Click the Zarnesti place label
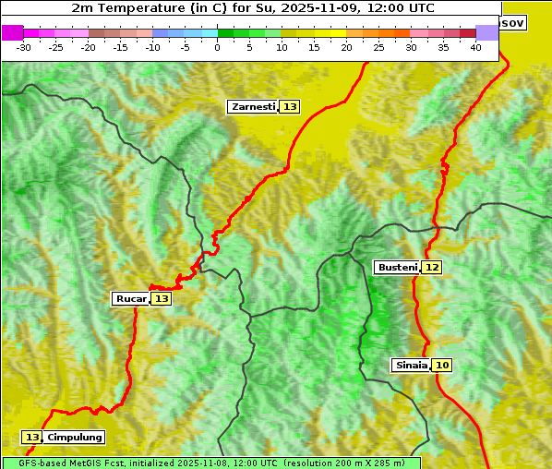point(253,107)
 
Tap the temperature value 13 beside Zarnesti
point(290,107)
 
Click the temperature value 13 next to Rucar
point(162,299)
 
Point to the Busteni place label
point(397,268)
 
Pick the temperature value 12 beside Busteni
point(432,268)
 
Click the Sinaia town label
point(411,366)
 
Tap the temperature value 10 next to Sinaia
point(442,366)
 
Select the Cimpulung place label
point(75,438)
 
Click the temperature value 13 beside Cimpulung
point(32,438)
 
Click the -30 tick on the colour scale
point(24,47)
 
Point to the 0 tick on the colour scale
point(218,47)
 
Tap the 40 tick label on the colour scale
point(475,47)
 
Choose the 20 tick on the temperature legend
point(347,47)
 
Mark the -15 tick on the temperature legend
point(121,47)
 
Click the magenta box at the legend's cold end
point(12,32)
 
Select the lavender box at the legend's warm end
point(486,32)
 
